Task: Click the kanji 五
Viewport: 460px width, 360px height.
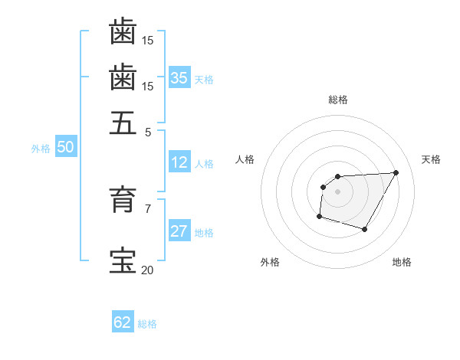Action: [x=123, y=122]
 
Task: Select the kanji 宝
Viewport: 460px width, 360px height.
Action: [x=123, y=261]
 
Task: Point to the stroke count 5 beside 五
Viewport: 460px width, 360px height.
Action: [x=148, y=131]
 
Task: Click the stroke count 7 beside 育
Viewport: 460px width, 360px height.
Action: [x=148, y=208]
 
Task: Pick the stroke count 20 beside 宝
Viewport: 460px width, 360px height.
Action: [x=147, y=270]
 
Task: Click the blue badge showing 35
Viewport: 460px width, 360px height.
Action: [x=179, y=77]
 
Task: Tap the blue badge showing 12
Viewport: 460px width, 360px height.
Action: [x=179, y=162]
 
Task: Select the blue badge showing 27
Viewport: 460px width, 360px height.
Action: [x=179, y=231]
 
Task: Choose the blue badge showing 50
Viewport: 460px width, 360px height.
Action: [x=65, y=148]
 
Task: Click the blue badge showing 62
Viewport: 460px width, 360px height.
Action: [x=123, y=322]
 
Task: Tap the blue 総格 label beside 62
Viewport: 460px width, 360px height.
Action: [x=147, y=324]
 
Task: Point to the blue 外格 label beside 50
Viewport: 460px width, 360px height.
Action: [x=41, y=149]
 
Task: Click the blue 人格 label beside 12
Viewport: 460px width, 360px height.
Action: [x=204, y=164]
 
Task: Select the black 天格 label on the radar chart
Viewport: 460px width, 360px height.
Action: [x=431, y=159]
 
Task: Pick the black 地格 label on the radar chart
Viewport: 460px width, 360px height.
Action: [x=402, y=263]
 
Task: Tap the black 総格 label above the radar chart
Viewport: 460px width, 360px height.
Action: [x=337, y=100]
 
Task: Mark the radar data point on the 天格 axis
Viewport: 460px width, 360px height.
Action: [x=396, y=172]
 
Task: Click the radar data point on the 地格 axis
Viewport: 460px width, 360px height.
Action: [x=365, y=229]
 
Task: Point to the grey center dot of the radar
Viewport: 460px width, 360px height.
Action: [x=337, y=191]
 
